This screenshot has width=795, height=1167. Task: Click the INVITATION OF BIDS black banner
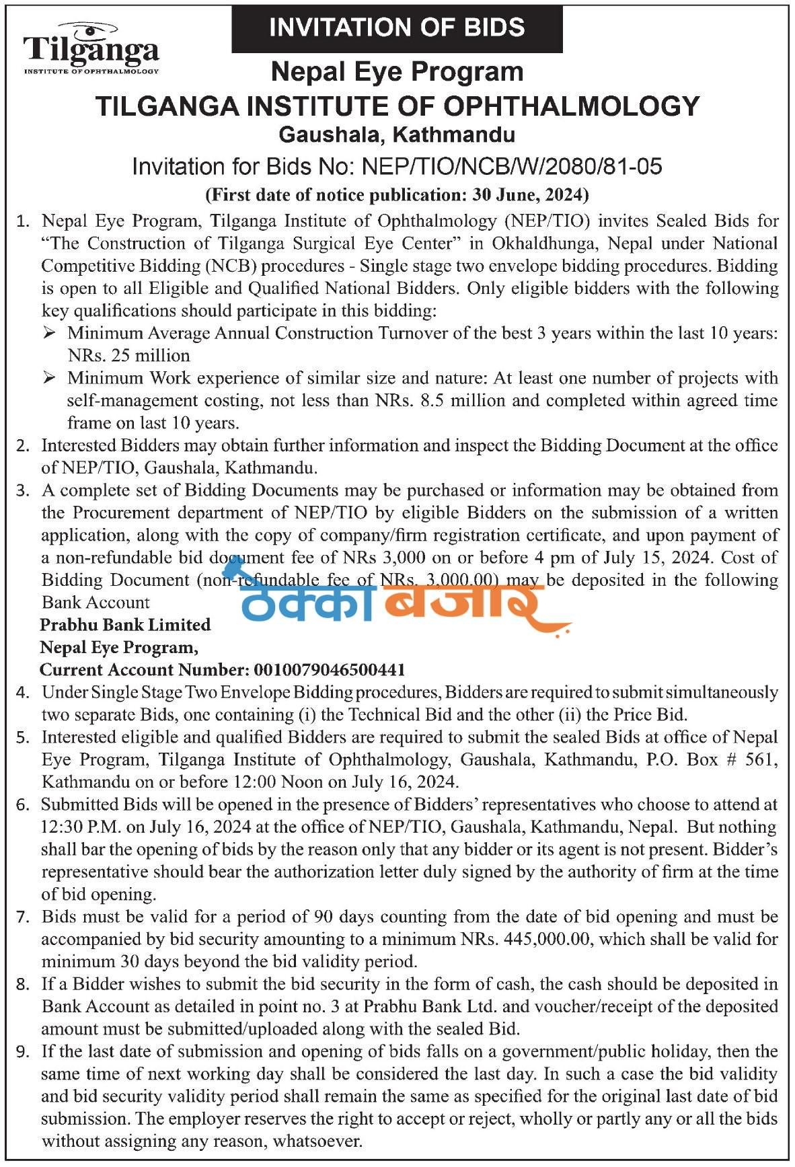point(397,28)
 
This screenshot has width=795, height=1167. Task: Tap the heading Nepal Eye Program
point(397,71)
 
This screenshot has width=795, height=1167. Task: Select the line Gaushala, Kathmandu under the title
point(397,135)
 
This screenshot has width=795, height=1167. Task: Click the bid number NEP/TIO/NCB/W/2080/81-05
point(512,166)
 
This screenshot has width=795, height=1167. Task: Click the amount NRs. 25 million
point(128,355)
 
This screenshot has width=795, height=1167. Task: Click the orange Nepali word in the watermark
point(464,601)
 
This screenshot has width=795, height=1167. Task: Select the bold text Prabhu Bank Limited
point(125,625)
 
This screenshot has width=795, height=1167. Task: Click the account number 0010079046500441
point(330,670)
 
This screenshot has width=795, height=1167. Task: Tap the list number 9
point(24,1051)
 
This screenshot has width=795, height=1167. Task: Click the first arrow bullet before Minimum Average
point(49,333)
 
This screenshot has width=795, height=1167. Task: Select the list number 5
point(24,737)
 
